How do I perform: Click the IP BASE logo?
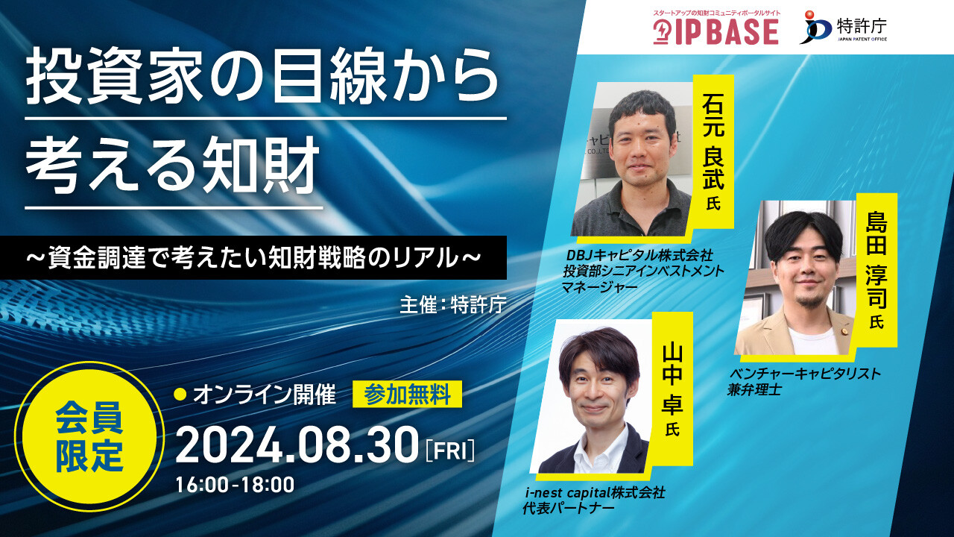tap(716, 28)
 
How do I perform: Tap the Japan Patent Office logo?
tap(843, 27)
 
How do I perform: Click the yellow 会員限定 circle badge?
tap(89, 436)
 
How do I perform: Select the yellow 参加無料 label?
tap(407, 395)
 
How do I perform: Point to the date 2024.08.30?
tap(297, 445)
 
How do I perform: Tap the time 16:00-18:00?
tap(235, 485)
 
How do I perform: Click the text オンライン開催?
tap(265, 395)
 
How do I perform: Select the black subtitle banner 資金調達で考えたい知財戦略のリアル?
tap(253, 257)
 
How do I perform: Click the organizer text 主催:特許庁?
tap(453, 304)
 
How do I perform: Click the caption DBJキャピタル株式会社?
tap(639, 255)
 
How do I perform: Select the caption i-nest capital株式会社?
tap(595, 493)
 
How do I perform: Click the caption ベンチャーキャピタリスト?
tap(804, 374)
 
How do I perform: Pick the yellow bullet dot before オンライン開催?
tap(181, 395)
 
